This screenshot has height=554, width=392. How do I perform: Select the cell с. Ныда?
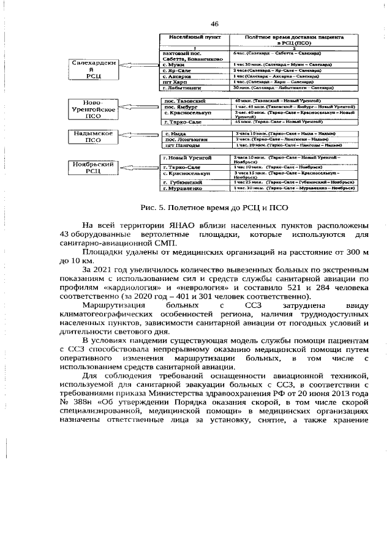(x=176, y=133)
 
